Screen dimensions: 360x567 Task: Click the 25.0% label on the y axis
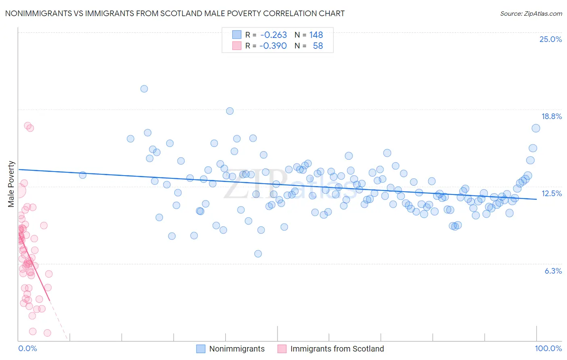click(x=550, y=39)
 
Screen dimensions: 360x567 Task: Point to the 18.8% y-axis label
click(x=551, y=116)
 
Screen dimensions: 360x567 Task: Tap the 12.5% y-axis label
click(x=551, y=193)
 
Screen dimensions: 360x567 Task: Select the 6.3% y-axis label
click(x=553, y=271)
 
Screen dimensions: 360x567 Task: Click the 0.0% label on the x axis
click(x=27, y=348)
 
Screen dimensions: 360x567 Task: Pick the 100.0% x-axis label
click(x=548, y=348)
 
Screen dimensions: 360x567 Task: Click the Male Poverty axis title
click(x=11, y=184)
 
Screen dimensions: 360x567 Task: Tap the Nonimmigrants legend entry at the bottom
click(x=237, y=349)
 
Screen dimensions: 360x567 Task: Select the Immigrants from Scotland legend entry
click(x=337, y=349)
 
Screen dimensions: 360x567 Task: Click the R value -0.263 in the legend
click(x=273, y=35)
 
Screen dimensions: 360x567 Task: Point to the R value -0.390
click(x=273, y=46)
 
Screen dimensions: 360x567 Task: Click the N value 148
click(x=316, y=35)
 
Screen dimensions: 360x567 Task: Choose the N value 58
click(x=318, y=46)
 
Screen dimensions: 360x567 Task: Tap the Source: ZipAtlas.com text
click(x=531, y=13)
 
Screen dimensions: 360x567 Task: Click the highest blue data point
click(x=144, y=89)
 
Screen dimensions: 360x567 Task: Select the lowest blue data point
click(x=258, y=254)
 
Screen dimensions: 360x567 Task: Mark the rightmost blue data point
click(x=536, y=128)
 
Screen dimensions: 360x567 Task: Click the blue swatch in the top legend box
click(x=237, y=35)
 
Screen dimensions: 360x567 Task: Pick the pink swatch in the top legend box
click(x=237, y=46)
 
